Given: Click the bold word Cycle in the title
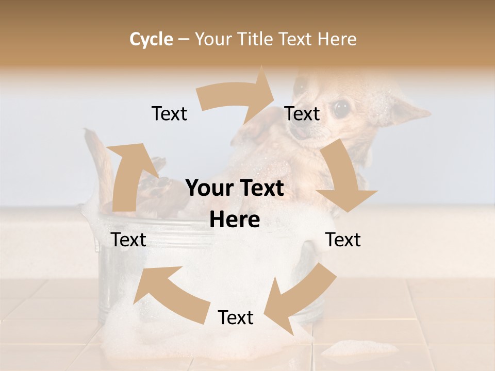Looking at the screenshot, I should coord(151,39).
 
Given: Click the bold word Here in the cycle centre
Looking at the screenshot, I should coord(235,220).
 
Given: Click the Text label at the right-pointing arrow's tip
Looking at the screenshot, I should coord(302,114).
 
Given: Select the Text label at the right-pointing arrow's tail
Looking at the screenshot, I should coord(169,114).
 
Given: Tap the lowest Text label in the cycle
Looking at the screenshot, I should coord(236,318).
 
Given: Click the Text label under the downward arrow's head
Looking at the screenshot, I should coord(343,240).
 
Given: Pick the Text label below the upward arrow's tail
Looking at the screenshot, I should coord(129,240).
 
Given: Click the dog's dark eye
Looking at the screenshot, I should coord(340,108).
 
